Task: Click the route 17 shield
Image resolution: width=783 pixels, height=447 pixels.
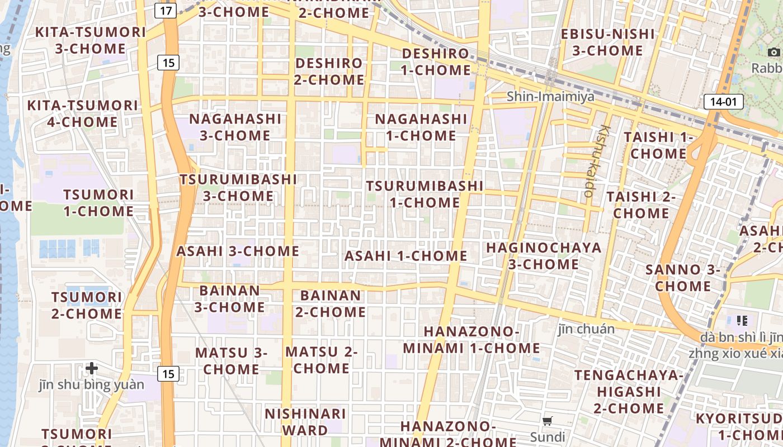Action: click(x=166, y=10)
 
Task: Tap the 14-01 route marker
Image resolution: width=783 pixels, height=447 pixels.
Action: click(x=723, y=102)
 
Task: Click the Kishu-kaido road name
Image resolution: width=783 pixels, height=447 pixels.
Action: click(x=596, y=160)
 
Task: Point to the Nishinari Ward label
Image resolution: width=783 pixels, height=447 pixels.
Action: click(x=305, y=422)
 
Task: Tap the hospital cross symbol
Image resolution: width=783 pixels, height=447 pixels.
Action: click(x=92, y=368)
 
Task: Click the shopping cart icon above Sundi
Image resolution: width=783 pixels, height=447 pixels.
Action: click(x=548, y=421)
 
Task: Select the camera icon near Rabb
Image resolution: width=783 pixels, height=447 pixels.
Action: click(x=774, y=52)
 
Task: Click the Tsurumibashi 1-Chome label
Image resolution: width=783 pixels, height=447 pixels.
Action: click(x=424, y=194)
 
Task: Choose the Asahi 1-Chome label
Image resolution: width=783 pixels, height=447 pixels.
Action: click(x=405, y=256)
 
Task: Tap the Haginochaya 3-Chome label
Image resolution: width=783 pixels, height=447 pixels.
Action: click(x=544, y=255)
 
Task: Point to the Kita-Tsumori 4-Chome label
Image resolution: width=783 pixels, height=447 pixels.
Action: click(x=82, y=113)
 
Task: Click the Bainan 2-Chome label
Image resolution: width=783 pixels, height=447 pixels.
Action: click(x=331, y=303)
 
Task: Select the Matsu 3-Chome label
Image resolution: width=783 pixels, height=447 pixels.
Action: click(x=232, y=361)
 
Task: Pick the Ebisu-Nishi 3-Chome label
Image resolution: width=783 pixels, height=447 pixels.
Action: click(x=607, y=42)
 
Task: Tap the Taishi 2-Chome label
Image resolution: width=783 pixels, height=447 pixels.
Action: click(x=641, y=205)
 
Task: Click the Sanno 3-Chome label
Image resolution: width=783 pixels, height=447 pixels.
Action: click(x=683, y=278)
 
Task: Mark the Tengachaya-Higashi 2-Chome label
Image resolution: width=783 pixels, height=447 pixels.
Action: click(x=629, y=391)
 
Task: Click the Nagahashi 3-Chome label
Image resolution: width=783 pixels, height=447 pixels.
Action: click(x=235, y=127)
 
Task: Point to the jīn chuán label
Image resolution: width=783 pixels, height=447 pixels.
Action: click(x=586, y=329)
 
